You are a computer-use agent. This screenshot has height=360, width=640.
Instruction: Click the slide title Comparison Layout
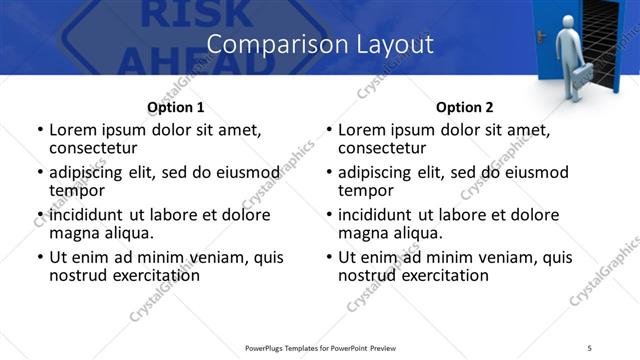pyautogui.click(x=320, y=45)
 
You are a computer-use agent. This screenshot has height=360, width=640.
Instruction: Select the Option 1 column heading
pyautogui.click(x=175, y=107)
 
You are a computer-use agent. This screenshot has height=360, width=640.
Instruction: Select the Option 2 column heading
pyautogui.click(x=464, y=107)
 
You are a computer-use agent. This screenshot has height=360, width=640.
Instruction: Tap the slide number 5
pyautogui.click(x=591, y=347)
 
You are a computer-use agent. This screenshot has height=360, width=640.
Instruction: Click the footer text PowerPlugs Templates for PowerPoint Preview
pyautogui.click(x=320, y=347)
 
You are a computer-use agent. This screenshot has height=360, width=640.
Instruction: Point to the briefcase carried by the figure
pyautogui.click(x=581, y=74)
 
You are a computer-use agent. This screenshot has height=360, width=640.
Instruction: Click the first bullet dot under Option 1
pyautogui.click(x=40, y=131)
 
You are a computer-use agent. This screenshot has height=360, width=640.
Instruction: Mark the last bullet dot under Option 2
pyautogui.click(x=329, y=258)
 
